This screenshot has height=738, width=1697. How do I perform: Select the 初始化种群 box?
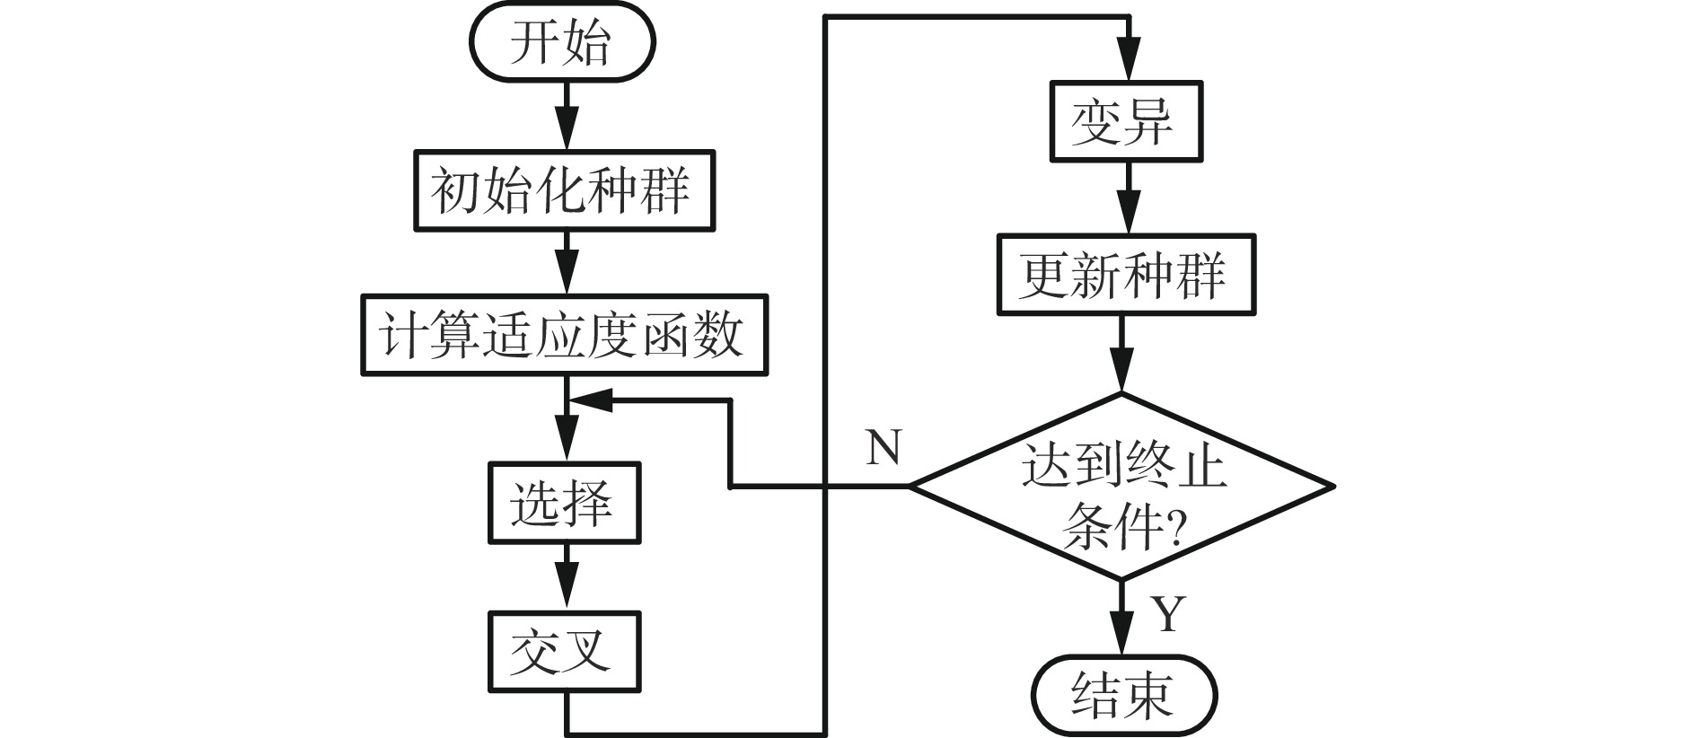pos(563,190)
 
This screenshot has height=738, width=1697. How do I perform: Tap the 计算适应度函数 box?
pos(565,334)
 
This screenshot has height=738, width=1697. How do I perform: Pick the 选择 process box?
pos(564,503)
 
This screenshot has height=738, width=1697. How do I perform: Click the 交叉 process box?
pos(564,651)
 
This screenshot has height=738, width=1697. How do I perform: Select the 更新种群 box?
pos(1126,274)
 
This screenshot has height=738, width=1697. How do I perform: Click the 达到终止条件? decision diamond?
pos(1121,487)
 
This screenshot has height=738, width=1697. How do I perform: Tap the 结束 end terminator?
pos(1122,694)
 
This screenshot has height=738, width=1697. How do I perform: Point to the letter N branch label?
pos(884,446)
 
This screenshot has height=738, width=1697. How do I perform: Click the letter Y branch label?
pos(1169,614)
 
